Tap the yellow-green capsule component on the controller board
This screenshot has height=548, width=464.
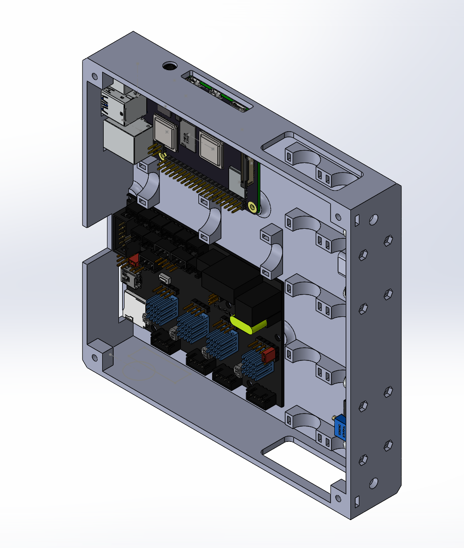[x=249, y=323]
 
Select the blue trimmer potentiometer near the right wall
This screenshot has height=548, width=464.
[x=340, y=428]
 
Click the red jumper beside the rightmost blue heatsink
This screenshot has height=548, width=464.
[x=268, y=355]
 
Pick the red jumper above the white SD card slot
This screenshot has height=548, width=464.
[x=134, y=260]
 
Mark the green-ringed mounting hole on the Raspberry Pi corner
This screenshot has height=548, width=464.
[x=251, y=207]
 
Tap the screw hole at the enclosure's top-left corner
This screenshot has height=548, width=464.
[x=95, y=76]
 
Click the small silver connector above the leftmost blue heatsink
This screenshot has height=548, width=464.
[x=164, y=277]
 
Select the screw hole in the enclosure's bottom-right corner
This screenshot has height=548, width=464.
[x=337, y=497]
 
